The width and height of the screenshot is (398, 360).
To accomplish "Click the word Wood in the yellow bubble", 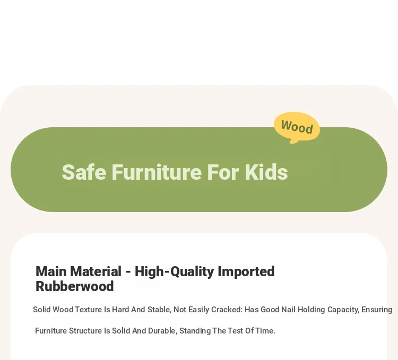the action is coord(297,127).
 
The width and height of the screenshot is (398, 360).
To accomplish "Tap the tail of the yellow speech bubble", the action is coord(293,141).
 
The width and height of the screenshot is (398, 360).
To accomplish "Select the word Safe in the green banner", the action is coord(84,172).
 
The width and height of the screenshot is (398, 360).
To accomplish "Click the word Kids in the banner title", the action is coord(266,172).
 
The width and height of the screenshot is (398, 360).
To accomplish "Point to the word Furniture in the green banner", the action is coord(157,172).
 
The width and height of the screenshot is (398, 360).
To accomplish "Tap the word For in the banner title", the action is coord(223,172).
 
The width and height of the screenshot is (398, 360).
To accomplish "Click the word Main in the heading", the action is coord(52,271).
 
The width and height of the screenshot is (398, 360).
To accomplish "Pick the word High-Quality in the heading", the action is coord(175,272).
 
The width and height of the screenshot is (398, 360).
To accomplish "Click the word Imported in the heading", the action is coord(246,272).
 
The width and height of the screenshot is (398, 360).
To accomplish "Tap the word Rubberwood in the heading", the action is coord(75,286).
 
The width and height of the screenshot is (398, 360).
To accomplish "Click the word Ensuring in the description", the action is coord(377,310).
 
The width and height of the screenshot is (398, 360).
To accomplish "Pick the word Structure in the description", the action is coord(85,331).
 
